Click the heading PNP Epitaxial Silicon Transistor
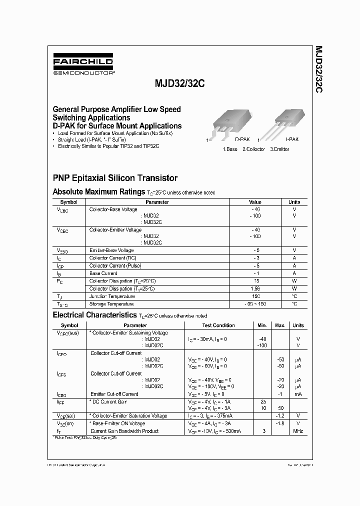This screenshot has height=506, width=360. (x=115, y=177)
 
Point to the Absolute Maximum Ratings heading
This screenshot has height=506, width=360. (x=99, y=191)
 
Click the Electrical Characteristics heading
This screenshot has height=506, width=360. (x=94, y=315)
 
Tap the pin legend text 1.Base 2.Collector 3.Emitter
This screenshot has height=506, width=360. (x=255, y=149)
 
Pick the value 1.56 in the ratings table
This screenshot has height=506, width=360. (x=255, y=288)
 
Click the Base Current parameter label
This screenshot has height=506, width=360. (x=103, y=273)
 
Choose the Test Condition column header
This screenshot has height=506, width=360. (x=218, y=325)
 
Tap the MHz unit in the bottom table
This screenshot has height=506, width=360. (x=298, y=431)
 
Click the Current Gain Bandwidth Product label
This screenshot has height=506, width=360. (x=124, y=431)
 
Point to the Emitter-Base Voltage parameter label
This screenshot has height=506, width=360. (x=111, y=250)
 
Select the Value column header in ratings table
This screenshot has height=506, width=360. (x=255, y=202)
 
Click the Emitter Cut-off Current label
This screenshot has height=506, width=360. (x=114, y=394)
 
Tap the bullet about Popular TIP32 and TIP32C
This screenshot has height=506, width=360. (x=108, y=146)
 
